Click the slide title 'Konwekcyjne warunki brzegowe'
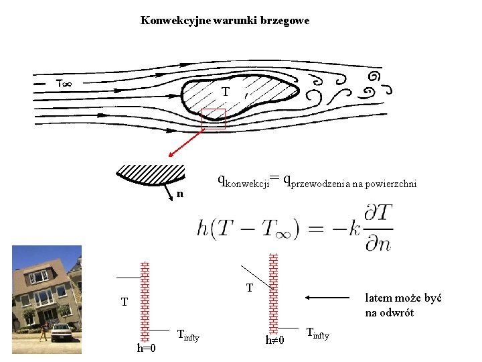coord(225,21)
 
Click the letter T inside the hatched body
coord(226,91)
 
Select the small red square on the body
coord(214,118)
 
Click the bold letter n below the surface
coord(179,194)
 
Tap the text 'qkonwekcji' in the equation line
coord(242,180)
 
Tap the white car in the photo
coord(62,333)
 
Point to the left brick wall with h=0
coord(145,301)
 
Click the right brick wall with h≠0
coord(272,292)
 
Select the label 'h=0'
coord(146,348)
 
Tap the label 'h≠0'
coord(274,341)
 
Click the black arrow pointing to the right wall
coord(328,298)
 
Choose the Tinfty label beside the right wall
coord(317,333)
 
